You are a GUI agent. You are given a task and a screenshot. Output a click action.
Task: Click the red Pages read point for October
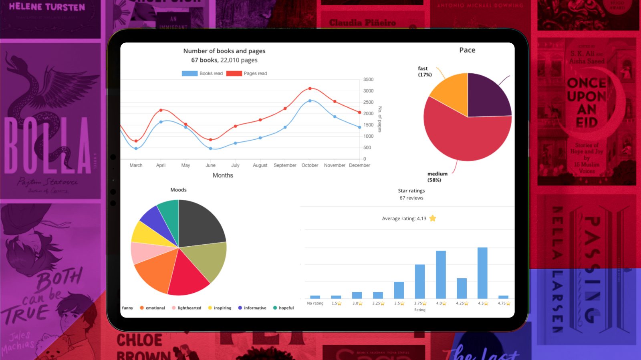tap(310, 88)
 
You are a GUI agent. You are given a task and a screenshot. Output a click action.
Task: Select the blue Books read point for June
tap(211, 149)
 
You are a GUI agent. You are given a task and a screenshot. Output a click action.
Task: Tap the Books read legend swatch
tap(189, 74)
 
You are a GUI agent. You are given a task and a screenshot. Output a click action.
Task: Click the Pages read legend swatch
tap(234, 74)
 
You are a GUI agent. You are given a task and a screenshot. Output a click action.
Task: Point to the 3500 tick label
tap(368, 80)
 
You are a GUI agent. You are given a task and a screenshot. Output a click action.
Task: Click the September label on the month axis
tap(285, 165)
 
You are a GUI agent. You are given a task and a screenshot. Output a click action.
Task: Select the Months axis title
tap(223, 175)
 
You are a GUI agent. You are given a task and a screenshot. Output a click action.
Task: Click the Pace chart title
tap(467, 50)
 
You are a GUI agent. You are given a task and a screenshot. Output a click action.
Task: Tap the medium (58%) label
tap(437, 177)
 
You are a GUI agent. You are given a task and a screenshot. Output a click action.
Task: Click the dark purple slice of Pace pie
tap(488, 96)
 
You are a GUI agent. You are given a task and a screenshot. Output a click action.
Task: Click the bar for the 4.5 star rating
tap(482, 273)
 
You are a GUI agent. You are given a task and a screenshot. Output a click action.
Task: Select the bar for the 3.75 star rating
tap(420, 281)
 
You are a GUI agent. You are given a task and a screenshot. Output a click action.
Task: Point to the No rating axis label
tap(315, 304)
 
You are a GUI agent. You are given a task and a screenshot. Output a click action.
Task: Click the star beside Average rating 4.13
tap(433, 218)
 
